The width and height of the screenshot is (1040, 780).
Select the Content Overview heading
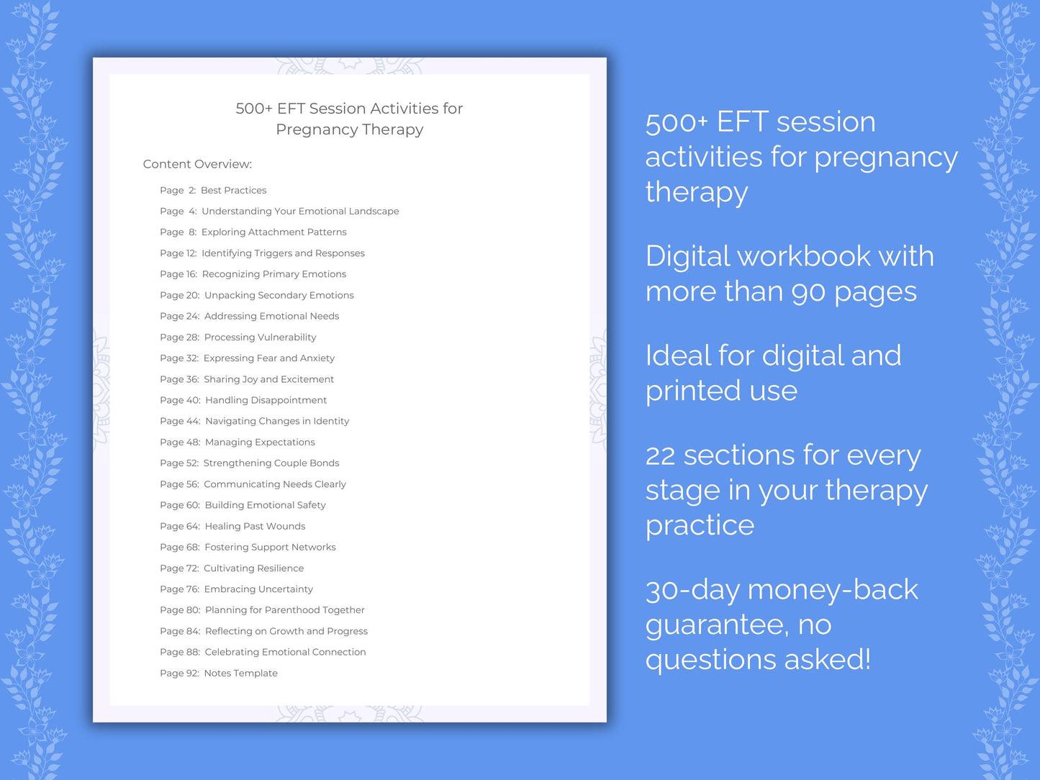pos(197,164)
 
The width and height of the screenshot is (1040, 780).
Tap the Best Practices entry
pos(233,191)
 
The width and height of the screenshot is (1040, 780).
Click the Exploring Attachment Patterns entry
pos(273,232)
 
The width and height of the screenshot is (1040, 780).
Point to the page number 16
pos(191,274)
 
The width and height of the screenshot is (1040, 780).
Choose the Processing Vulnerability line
pos(260,337)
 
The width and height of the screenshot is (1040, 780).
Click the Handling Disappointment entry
pos(266,400)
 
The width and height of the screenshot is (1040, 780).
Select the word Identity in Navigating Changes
pos(331,421)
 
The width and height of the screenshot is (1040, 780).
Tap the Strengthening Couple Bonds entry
pos(271,463)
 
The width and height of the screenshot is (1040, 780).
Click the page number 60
pos(192,505)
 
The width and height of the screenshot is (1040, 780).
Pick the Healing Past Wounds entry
pos(255,526)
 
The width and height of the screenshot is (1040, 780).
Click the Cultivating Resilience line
pos(253,568)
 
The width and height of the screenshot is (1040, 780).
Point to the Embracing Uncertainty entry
pos(258,589)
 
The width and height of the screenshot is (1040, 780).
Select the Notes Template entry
pos(240,674)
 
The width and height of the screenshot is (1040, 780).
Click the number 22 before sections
pos(660,455)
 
